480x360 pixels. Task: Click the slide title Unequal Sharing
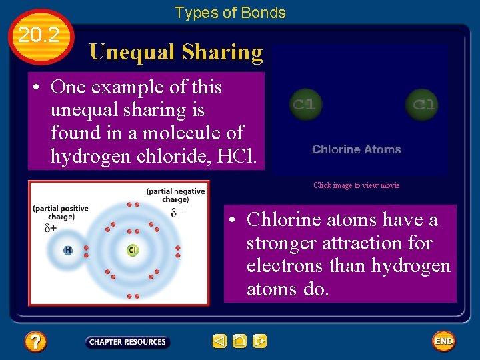coord(176,52)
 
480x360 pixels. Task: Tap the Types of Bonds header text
coord(230,13)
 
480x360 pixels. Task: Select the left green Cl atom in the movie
coord(305,105)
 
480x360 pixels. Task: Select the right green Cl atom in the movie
coord(423,105)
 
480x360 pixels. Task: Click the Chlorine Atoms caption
coord(357,149)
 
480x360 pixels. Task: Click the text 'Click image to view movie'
coord(357,185)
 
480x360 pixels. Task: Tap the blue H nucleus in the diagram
coord(68,251)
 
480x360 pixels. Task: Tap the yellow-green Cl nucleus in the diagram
coord(133,251)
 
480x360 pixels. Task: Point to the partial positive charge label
coord(60,212)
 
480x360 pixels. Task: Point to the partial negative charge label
coord(175,195)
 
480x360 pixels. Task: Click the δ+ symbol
coord(51,228)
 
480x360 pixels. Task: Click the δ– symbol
coord(177,213)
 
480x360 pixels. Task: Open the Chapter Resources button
coord(127,342)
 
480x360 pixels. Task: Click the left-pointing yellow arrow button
coord(219,341)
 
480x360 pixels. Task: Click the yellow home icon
coord(240,341)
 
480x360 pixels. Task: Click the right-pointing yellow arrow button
coord(260,341)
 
